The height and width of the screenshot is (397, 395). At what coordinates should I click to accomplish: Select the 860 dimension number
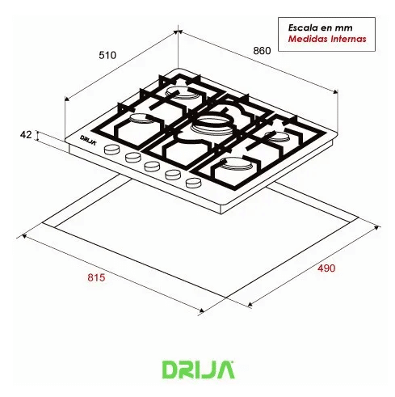[261, 50]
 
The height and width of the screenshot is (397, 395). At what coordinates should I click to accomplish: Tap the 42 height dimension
[27, 135]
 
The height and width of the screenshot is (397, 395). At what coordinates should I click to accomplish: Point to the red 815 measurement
[95, 278]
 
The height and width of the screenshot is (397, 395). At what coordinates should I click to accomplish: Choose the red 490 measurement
[324, 268]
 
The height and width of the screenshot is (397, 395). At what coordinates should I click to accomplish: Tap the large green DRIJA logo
[197, 370]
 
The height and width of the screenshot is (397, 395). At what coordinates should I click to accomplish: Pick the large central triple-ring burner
[210, 125]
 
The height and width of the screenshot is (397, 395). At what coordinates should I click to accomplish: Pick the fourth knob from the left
[171, 175]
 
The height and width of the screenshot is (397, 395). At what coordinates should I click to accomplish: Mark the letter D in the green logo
[172, 370]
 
